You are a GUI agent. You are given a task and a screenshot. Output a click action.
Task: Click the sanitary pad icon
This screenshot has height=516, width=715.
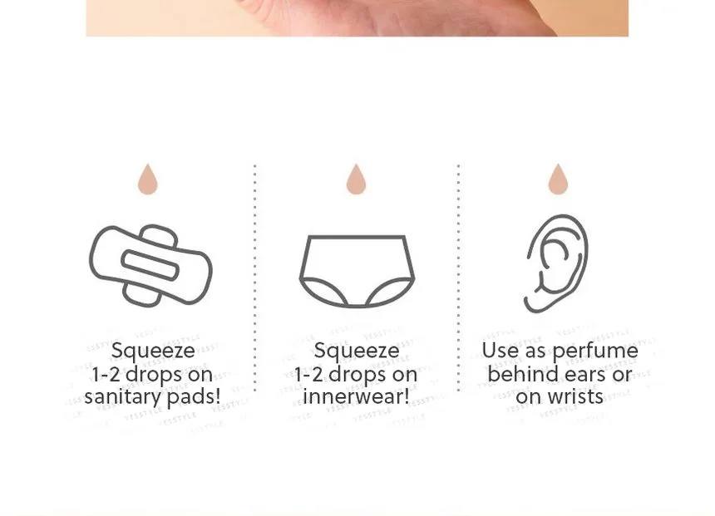pyautogui.click(x=150, y=266)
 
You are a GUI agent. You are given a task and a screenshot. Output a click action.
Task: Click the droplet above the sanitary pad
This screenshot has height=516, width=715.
pyautogui.click(x=148, y=179)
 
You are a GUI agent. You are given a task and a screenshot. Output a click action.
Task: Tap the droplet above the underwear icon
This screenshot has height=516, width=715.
pyautogui.click(x=356, y=179)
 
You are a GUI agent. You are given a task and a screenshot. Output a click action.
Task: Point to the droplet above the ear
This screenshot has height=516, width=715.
pyautogui.click(x=558, y=179)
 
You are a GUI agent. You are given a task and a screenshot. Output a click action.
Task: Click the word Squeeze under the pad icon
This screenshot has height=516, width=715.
pyautogui.click(x=153, y=351)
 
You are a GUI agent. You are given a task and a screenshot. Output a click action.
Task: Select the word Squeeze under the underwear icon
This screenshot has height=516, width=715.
pyautogui.click(x=357, y=351)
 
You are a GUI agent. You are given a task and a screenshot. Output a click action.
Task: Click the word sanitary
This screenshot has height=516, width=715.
pyautogui.click(x=123, y=396)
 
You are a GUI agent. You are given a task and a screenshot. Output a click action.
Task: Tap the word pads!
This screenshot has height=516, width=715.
pyautogui.click(x=194, y=396)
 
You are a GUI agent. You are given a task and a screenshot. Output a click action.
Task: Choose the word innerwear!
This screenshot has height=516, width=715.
pyautogui.click(x=356, y=396)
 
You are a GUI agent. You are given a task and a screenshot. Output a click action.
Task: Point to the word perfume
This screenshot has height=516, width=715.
pyautogui.click(x=595, y=351)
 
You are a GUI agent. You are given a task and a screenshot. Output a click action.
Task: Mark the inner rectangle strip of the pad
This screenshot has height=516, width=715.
pyautogui.click(x=150, y=265)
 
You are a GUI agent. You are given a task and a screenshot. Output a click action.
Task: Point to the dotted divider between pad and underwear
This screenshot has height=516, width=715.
pyautogui.click(x=255, y=278)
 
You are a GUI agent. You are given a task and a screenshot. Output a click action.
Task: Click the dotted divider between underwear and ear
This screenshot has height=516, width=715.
pyautogui.click(x=459, y=278)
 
